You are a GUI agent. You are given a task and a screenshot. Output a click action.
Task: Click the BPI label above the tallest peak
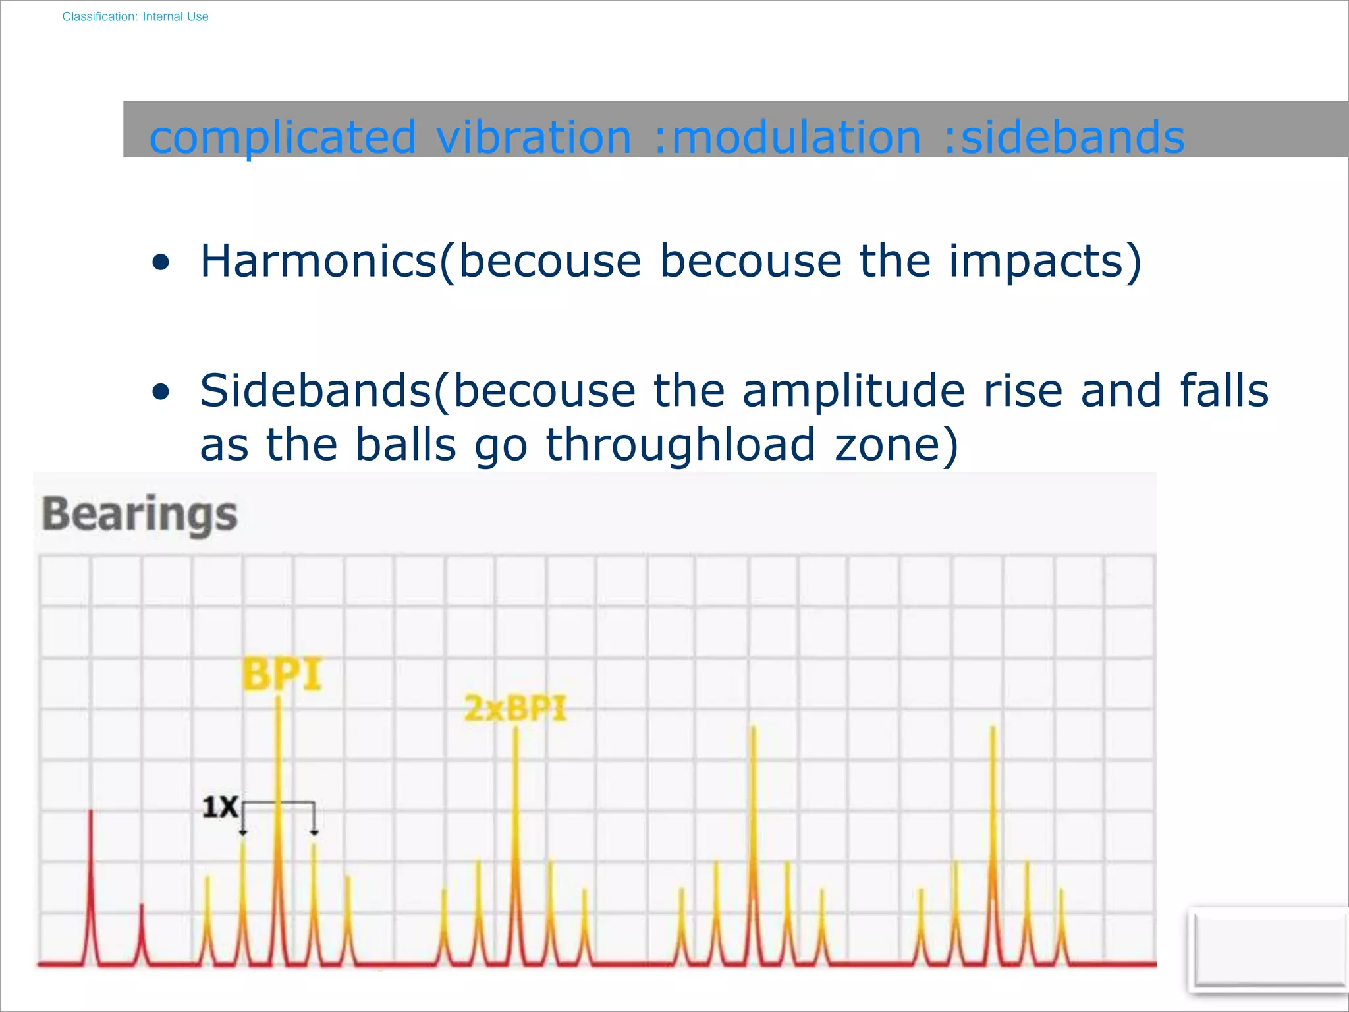click(282, 674)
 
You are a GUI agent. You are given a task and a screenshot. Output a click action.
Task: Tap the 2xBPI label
click(515, 710)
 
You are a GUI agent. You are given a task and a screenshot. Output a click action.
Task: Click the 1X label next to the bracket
click(219, 807)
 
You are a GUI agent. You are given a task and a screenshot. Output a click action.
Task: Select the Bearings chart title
click(140, 515)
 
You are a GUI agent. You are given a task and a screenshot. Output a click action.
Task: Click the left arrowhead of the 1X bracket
click(243, 833)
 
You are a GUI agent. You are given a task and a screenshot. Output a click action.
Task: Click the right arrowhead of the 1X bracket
click(314, 833)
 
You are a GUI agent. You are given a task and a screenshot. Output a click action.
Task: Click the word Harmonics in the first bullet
click(319, 261)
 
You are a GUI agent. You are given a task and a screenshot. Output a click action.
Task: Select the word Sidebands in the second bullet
click(316, 391)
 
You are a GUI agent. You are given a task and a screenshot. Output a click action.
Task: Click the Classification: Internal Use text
click(135, 16)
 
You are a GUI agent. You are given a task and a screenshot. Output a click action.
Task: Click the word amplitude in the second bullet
click(854, 391)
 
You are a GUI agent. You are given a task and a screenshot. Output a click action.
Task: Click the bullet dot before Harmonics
click(161, 264)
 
